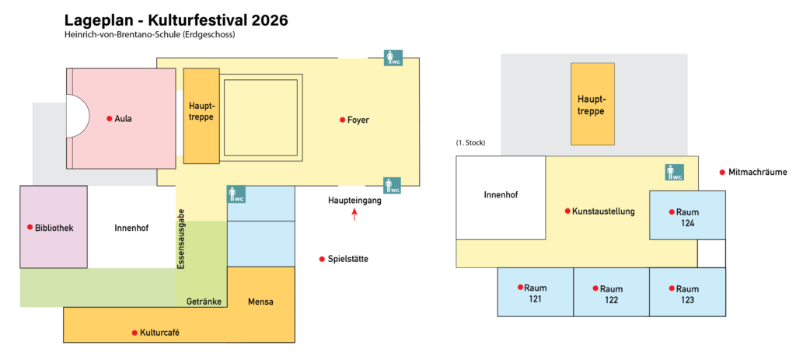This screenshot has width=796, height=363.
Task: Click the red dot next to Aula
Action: (x=109, y=119)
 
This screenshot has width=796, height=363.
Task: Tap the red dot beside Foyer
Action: (x=342, y=120)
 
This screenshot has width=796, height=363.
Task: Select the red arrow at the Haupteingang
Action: (x=354, y=215)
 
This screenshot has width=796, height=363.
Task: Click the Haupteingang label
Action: (x=354, y=201)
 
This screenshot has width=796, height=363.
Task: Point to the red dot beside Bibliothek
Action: (x=30, y=227)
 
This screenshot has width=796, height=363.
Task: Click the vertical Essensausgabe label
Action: (x=180, y=239)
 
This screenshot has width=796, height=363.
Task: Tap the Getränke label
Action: (x=204, y=302)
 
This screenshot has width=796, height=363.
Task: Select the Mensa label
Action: (x=260, y=302)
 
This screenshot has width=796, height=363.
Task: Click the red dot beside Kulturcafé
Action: (x=134, y=333)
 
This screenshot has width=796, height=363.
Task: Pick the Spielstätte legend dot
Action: (x=321, y=260)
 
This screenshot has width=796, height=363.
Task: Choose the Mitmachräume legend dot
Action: (x=722, y=173)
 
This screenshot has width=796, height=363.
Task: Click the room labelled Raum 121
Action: (x=535, y=292)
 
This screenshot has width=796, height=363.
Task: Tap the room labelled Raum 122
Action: (x=611, y=292)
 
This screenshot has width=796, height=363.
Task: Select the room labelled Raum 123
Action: (x=687, y=292)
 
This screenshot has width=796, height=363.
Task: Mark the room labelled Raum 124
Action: (x=687, y=215)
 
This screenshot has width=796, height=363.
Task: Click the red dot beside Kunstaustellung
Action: (x=567, y=211)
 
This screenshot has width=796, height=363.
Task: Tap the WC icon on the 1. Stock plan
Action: (x=675, y=173)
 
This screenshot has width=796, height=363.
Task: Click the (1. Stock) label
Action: (x=470, y=143)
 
